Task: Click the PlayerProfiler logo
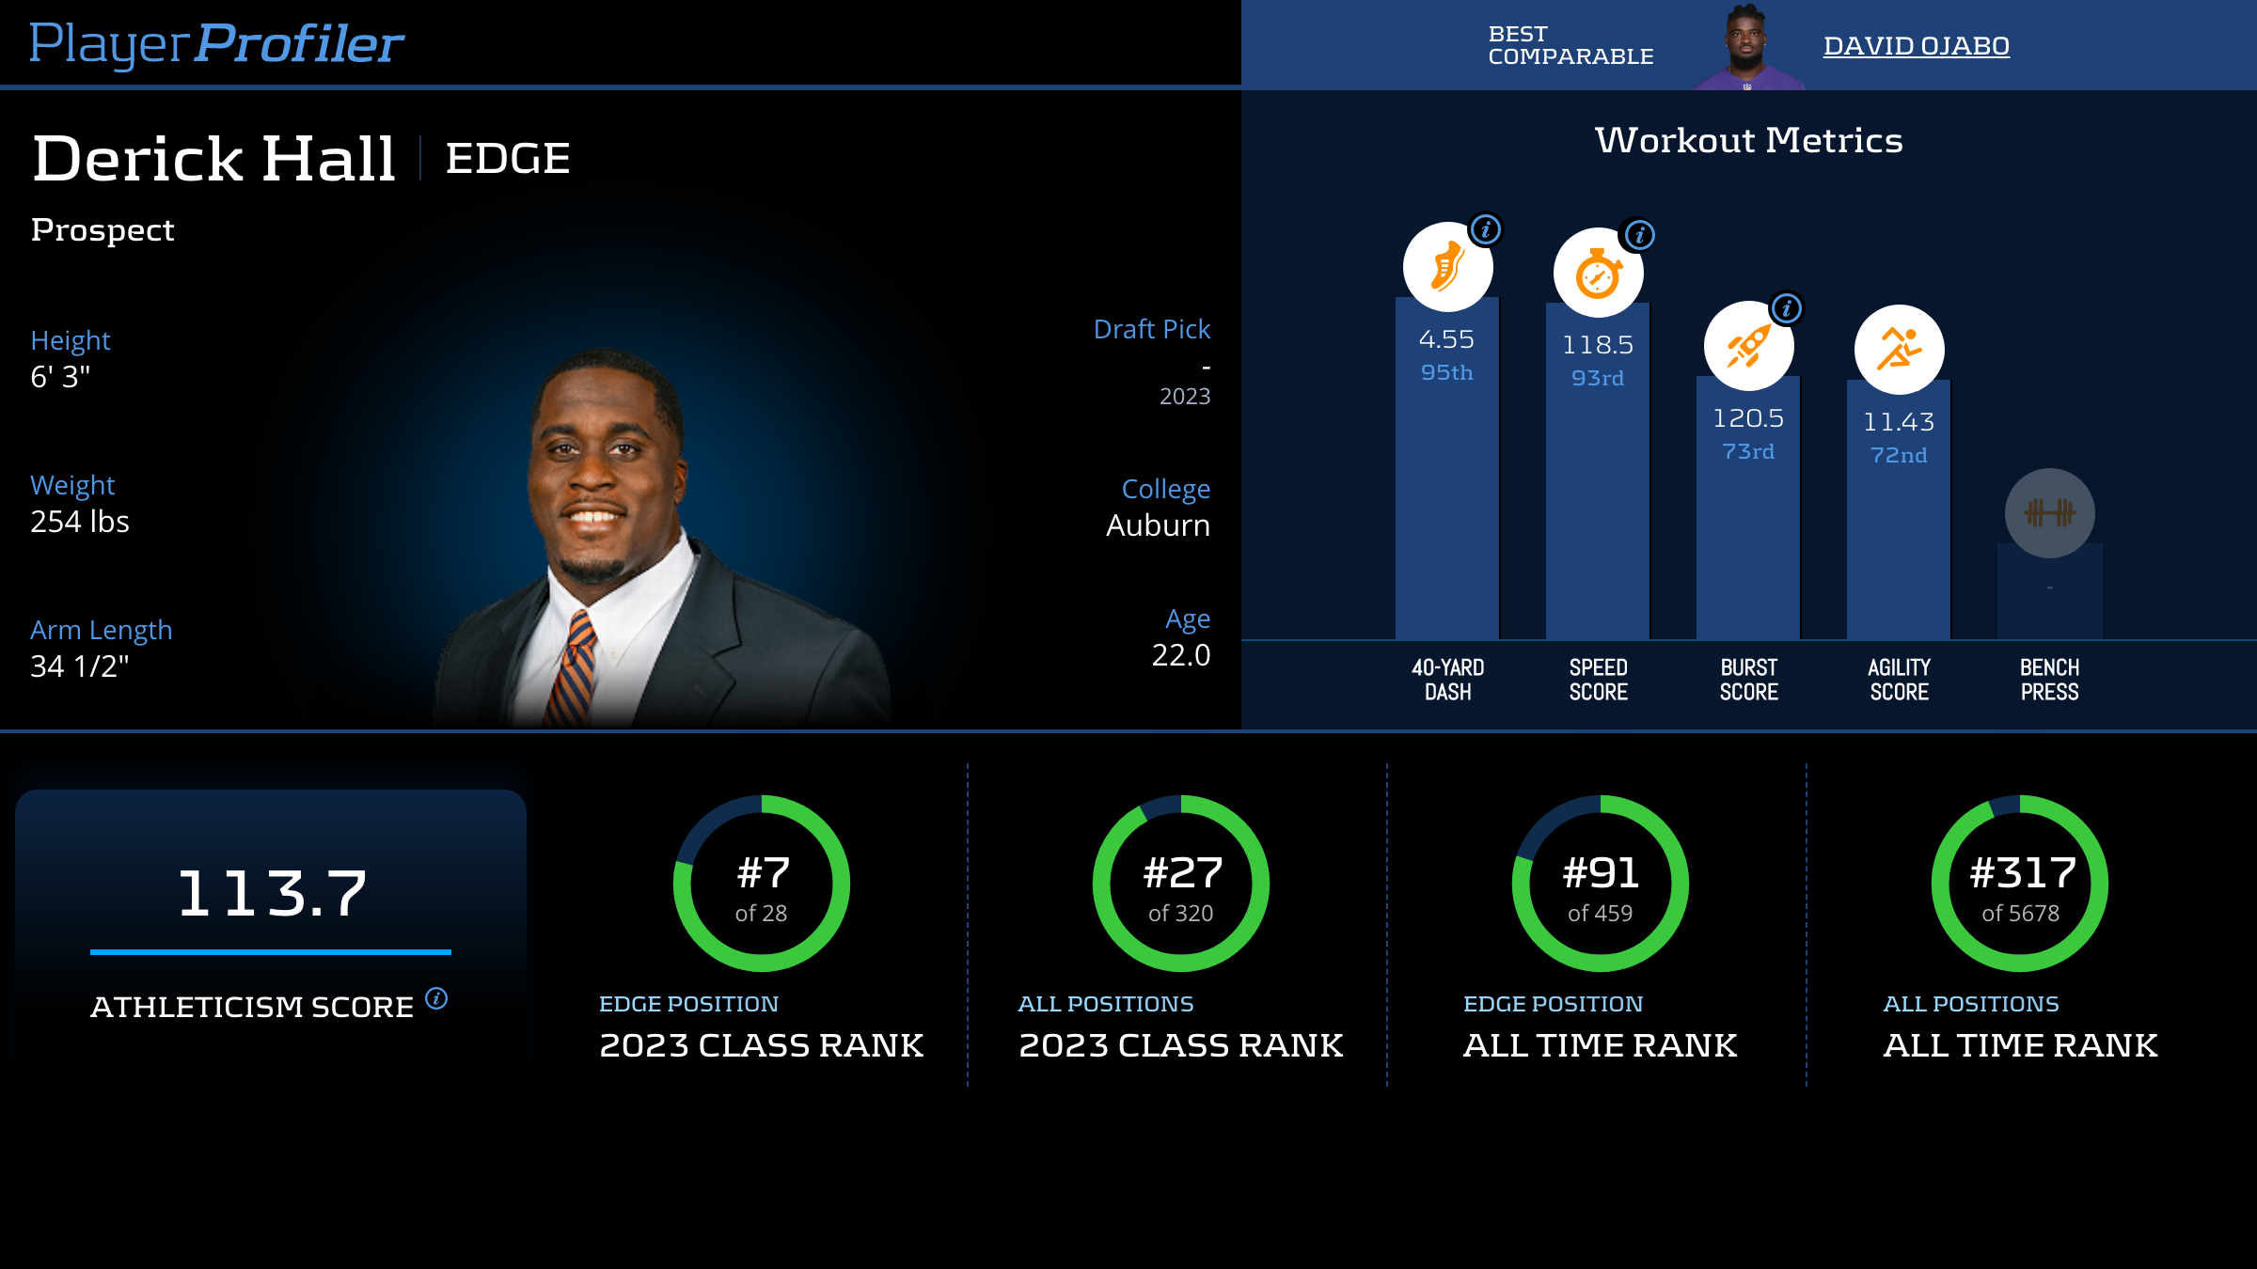216,43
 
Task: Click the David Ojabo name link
1916,46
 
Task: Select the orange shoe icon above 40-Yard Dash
1447,268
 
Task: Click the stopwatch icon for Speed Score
1598,274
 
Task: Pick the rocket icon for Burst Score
1748,347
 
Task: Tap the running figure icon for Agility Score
1899,350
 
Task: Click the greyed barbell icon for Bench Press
2049,513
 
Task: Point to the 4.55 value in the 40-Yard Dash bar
1446,339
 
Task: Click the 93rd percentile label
1598,378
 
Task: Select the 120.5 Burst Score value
1748,418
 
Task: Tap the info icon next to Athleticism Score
436,998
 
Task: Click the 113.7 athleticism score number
272,893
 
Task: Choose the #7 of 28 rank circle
762,884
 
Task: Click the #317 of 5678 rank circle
2020,884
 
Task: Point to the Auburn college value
1158,525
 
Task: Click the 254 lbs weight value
80,522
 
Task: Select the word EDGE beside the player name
508,158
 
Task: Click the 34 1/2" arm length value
80,666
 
